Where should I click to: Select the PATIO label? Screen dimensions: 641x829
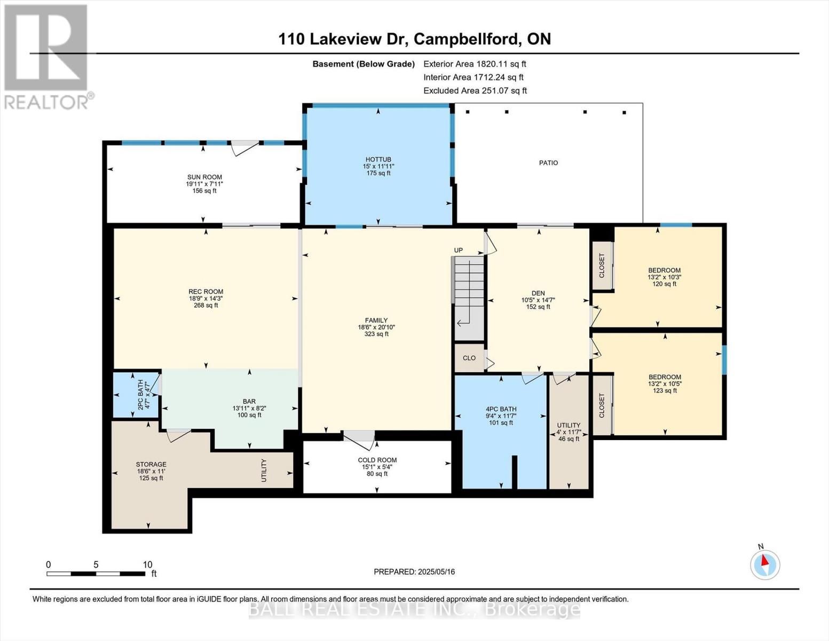point(548,163)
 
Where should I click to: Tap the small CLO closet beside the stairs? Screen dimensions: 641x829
point(469,358)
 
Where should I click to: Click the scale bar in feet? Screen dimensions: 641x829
point(96,574)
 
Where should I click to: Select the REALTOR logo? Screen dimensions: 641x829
point(47,56)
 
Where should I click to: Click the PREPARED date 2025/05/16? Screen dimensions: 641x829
point(414,572)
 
